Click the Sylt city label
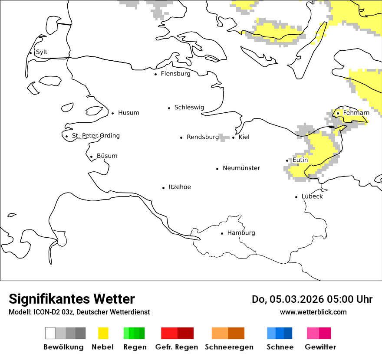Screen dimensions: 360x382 pos(42,52)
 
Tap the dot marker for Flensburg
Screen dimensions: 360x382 pos(155,74)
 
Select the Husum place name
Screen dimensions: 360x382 pos(128,113)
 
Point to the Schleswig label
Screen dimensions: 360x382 pos(189,108)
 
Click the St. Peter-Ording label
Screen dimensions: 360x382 pos(95,136)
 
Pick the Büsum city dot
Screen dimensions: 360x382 pos(91,157)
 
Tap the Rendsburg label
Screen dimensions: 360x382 pos(203,137)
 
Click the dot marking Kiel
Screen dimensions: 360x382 pos(234,137)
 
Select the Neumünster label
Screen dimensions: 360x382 pos(241,168)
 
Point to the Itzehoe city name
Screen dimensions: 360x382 pos(180,187)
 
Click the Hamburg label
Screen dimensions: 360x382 pos(241,233)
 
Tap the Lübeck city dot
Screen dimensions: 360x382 pos(296,197)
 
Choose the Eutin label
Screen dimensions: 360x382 pos(300,160)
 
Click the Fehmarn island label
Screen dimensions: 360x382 pos(356,113)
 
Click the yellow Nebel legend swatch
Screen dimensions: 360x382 pos(103,333)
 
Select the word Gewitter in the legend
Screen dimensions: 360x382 pos(320,347)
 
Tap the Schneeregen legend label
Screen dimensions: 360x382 pos(229,347)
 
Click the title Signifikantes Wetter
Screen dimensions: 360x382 pos(72,299)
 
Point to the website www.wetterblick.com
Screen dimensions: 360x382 pos(313,312)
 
